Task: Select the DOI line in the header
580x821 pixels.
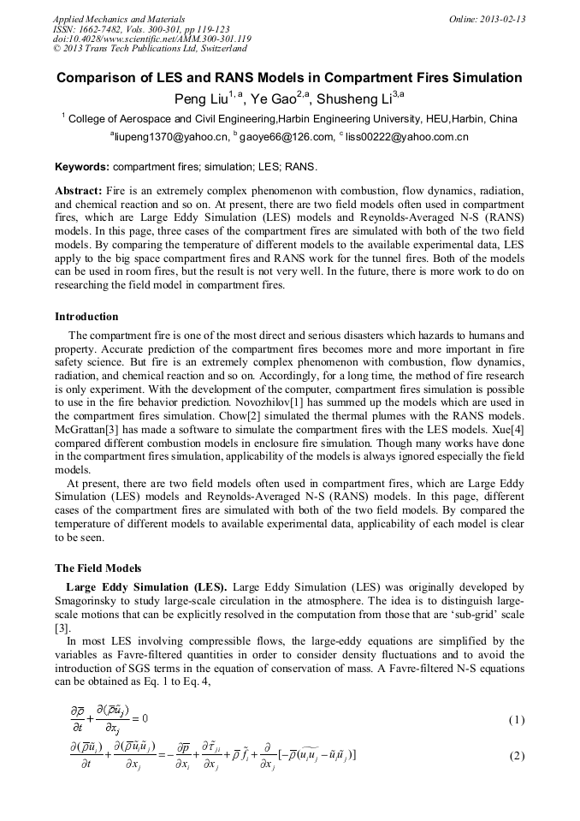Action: [x=151, y=39]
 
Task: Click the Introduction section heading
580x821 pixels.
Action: [x=86, y=317]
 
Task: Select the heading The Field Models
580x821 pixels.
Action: [x=98, y=568]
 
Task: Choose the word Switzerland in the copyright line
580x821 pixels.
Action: [x=221, y=50]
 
